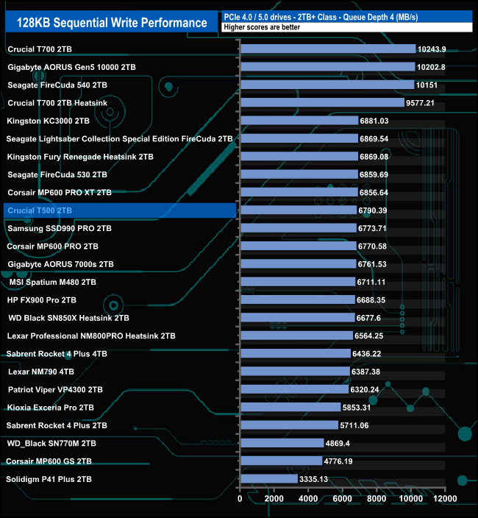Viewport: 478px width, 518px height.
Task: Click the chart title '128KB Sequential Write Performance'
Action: point(111,23)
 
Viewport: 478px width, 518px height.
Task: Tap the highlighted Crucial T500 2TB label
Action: point(50,210)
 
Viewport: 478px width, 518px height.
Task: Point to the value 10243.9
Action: point(432,49)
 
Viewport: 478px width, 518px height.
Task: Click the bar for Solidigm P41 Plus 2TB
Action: point(268,479)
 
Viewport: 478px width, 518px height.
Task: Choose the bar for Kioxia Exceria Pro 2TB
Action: point(290,408)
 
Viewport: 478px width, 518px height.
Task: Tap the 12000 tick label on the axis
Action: point(444,499)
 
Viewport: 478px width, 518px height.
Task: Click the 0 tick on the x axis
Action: point(240,499)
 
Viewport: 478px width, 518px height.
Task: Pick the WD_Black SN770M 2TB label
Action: point(51,444)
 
